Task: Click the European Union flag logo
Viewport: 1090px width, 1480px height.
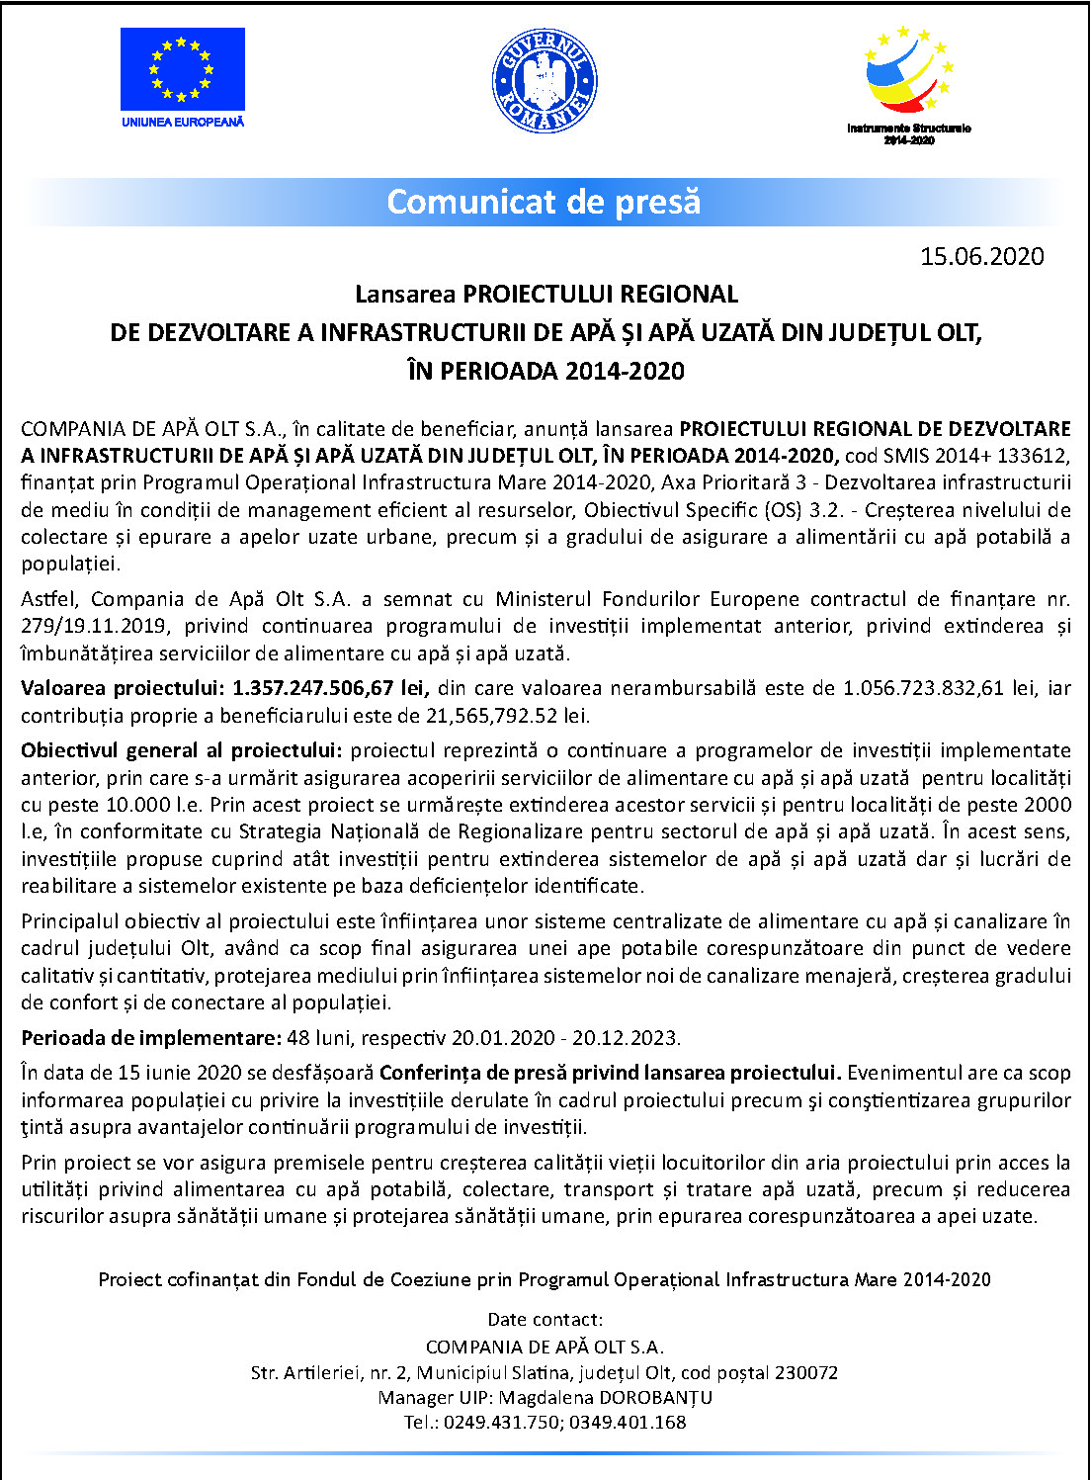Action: [183, 69]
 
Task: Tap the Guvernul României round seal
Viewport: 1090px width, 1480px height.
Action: [545, 81]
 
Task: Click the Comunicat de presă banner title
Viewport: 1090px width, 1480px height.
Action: [544, 202]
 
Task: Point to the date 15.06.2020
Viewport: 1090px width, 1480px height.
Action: [981, 257]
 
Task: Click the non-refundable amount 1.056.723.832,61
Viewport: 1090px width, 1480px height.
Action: [927, 688]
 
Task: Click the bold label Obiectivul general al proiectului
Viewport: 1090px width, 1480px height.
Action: [182, 750]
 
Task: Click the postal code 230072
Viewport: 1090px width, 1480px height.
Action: [806, 1373]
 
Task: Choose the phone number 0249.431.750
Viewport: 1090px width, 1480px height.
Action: [501, 1423]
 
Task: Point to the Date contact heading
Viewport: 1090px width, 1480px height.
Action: [545, 1320]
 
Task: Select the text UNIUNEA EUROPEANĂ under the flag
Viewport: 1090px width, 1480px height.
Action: [183, 123]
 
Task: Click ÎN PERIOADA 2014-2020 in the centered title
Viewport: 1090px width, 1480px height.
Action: [545, 372]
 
